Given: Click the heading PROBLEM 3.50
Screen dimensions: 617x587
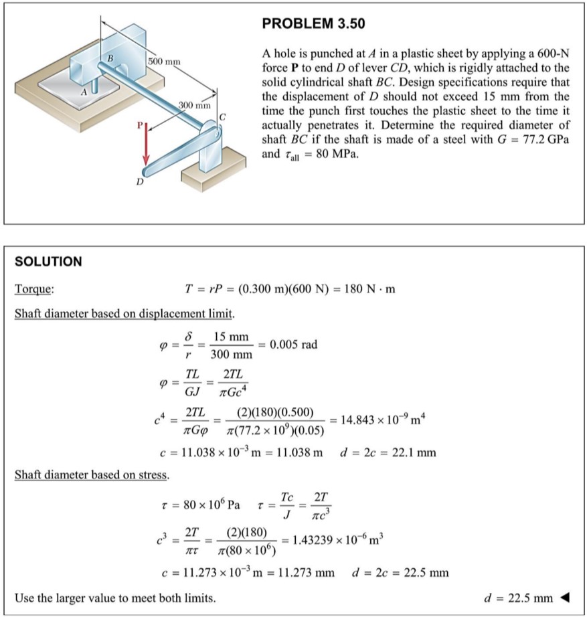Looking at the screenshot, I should pyautogui.click(x=313, y=24).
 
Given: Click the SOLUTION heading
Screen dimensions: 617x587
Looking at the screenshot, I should pyautogui.click(x=48, y=262).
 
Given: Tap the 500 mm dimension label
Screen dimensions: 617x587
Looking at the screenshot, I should pyautogui.click(x=164, y=62).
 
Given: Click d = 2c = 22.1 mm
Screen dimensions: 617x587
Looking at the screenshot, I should pyautogui.click(x=388, y=453).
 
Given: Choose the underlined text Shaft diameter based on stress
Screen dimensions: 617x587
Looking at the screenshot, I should pyautogui.click(x=92, y=475).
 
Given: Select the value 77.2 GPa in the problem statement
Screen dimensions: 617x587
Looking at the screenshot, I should pyautogui.click(x=546, y=143).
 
